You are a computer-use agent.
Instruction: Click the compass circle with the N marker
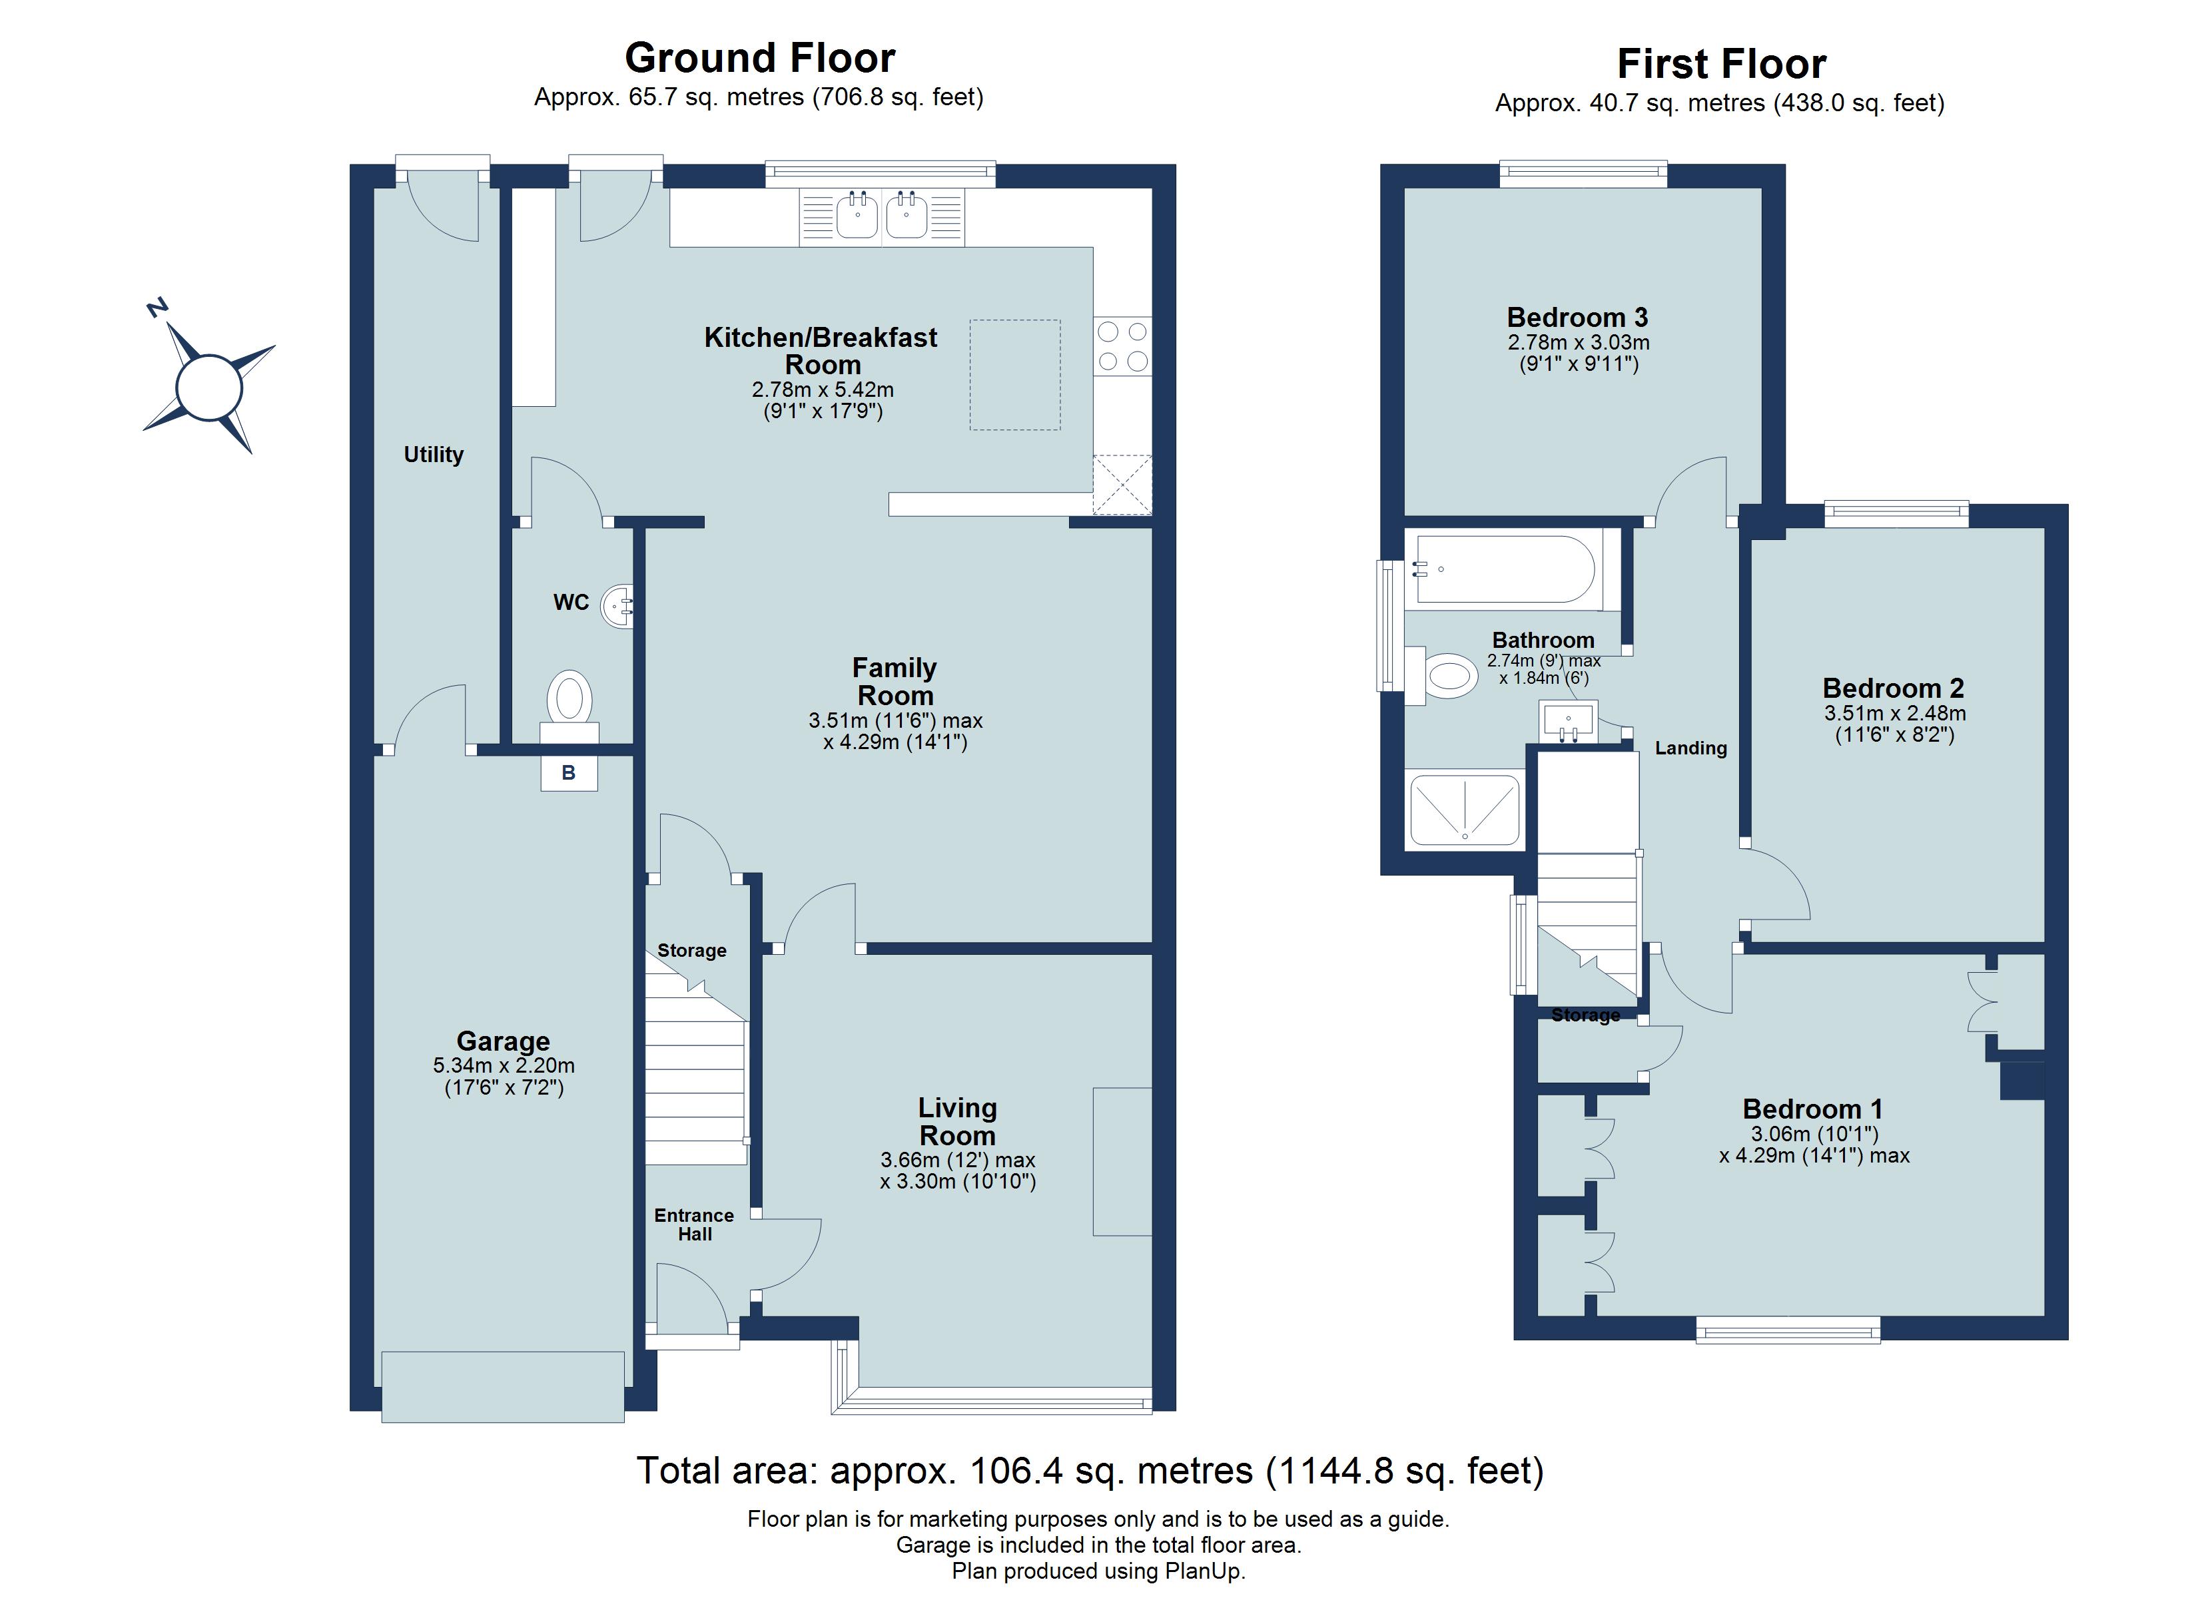coord(208,388)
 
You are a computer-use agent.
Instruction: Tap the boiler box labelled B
coord(569,773)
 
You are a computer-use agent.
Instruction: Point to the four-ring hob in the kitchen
coord(1122,347)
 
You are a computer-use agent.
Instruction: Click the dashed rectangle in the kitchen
coord(1014,375)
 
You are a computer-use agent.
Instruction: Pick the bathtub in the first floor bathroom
coord(1504,571)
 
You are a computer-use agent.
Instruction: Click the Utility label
coord(433,455)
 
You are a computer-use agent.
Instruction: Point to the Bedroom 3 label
coord(1577,318)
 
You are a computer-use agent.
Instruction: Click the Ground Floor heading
coord(760,58)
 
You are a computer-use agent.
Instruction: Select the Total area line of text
coord(1089,1471)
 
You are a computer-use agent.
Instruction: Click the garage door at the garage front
coord(502,1387)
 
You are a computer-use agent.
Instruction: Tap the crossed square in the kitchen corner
coord(1122,485)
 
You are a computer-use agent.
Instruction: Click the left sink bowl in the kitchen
coord(857,215)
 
